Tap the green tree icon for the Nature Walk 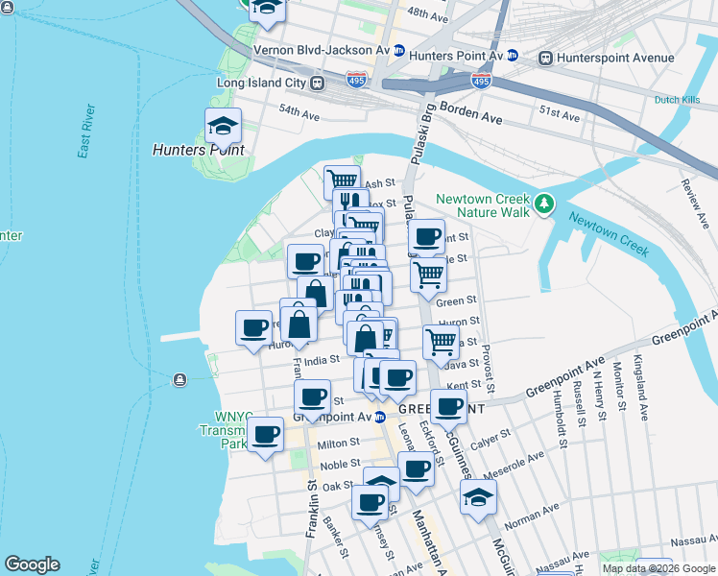545,204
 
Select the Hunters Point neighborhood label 199,151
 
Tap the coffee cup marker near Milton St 265,436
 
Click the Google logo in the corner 32,564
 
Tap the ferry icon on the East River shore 179,380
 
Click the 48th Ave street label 427,16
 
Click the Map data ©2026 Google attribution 658,568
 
